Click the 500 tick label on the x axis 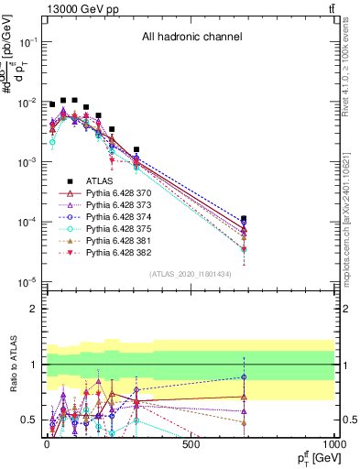coord(191,444)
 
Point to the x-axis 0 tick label coord(47,444)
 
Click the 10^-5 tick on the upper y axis coord(26,281)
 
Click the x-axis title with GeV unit coord(314,458)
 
